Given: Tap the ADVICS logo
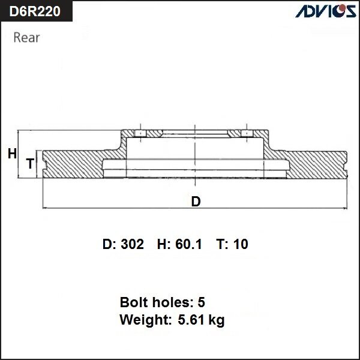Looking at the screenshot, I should (324, 11).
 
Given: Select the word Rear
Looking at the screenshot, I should (26, 38).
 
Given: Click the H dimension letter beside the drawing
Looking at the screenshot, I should (12, 154).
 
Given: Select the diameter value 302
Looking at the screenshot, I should (132, 244).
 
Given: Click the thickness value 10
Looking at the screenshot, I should (241, 244).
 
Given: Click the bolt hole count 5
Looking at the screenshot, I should (201, 302).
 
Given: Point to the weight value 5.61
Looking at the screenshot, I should (190, 320).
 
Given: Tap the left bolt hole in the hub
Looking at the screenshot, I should (139, 133).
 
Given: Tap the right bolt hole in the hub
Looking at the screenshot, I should (246, 133).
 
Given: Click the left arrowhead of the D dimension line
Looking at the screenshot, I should (46, 208).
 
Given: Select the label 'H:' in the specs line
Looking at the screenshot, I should (163, 244).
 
